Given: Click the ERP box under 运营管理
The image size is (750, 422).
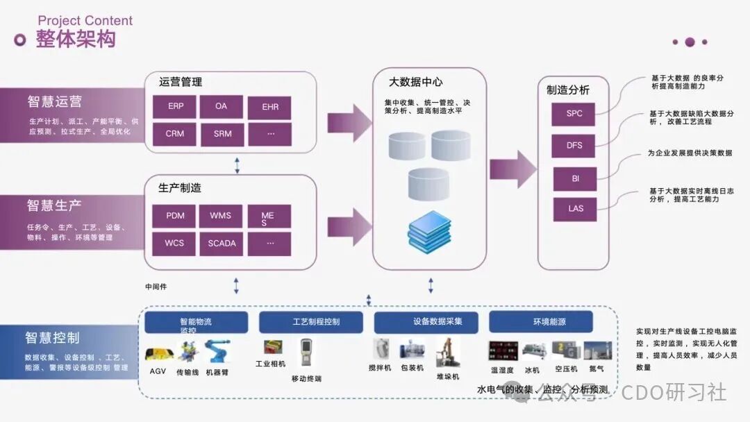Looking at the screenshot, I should (x=176, y=107).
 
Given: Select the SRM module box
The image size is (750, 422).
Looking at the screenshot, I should (x=222, y=134).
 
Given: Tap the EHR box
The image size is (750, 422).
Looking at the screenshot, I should (x=269, y=108).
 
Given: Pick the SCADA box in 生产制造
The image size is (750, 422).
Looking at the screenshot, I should (x=222, y=244).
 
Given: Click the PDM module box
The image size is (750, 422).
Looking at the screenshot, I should (x=176, y=216).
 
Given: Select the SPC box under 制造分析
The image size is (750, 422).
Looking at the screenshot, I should (x=574, y=114).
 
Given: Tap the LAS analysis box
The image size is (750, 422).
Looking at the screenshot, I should (x=575, y=209).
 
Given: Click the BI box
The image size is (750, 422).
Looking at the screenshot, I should (x=575, y=178).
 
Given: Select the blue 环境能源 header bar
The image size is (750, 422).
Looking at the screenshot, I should (x=541, y=322).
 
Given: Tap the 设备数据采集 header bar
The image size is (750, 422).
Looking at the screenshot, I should (x=427, y=322).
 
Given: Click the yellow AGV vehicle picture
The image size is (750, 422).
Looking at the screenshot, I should (x=158, y=354).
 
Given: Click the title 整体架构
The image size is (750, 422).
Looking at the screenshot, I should (x=76, y=40).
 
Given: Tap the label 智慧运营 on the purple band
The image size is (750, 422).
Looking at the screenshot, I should (x=55, y=101).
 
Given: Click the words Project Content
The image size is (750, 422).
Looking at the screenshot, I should (x=85, y=21).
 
